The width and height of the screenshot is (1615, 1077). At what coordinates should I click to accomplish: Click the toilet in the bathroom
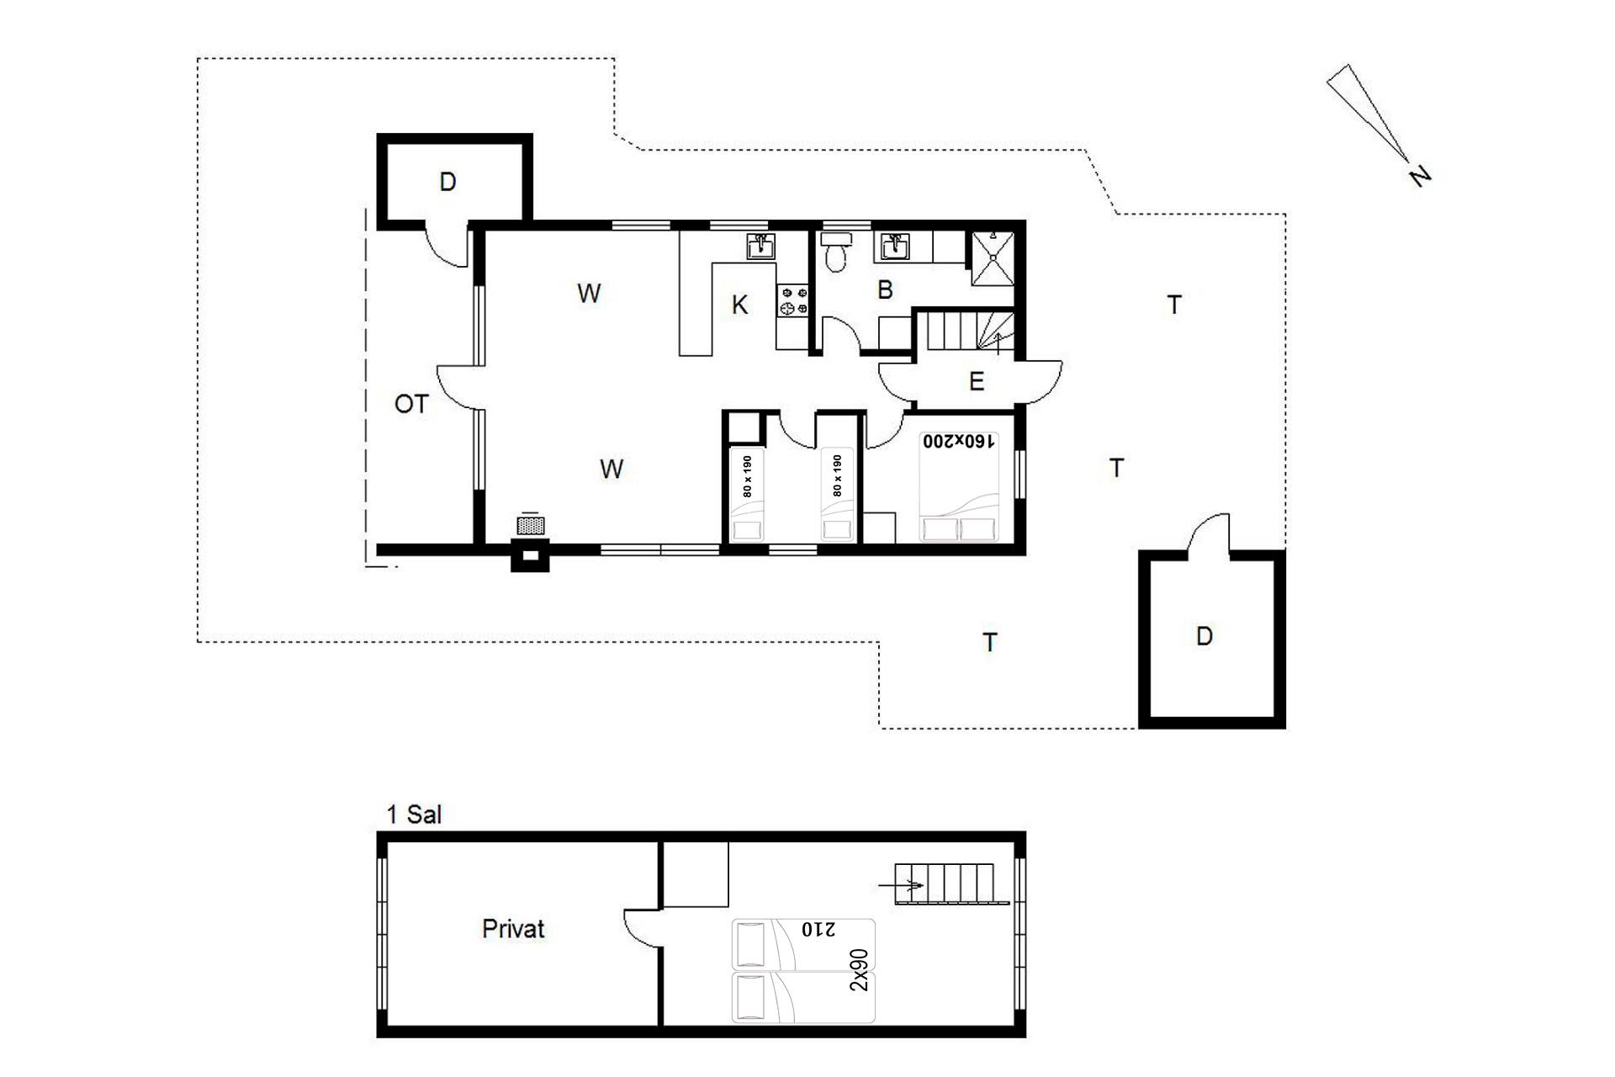click(x=835, y=252)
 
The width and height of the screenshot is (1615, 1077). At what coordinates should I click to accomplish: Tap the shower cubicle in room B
click(x=993, y=257)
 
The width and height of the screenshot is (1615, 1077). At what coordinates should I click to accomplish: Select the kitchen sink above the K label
click(x=761, y=247)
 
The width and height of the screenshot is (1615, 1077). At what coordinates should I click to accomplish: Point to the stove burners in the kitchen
click(x=792, y=300)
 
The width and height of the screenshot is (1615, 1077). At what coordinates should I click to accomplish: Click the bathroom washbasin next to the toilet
click(x=894, y=247)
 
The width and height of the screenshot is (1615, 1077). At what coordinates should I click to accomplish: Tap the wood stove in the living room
click(x=530, y=526)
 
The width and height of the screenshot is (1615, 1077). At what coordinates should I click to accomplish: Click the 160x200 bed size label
click(x=959, y=441)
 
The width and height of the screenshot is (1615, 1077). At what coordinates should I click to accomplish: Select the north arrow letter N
click(x=1419, y=176)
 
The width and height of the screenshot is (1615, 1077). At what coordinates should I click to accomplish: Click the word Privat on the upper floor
click(x=513, y=929)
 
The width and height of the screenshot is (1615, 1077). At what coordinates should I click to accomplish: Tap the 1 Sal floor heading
click(x=413, y=814)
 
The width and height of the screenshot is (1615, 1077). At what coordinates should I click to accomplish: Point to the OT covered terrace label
click(x=411, y=405)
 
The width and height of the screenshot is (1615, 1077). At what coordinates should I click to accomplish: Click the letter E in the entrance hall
click(x=977, y=382)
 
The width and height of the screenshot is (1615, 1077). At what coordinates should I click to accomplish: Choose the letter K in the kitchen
click(x=739, y=305)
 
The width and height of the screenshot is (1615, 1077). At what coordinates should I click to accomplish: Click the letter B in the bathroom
click(x=885, y=289)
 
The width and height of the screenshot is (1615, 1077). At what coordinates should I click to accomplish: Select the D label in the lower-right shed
click(x=1205, y=636)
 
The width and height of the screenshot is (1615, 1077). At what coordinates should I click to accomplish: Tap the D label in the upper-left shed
click(x=447, y=182)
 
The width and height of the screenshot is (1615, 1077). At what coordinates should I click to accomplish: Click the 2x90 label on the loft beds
click(x=859, y=970)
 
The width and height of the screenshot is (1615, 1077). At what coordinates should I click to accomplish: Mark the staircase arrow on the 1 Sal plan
click(x=901, y=885)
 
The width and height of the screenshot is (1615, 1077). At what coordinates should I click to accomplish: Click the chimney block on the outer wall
click(x=530, y=558)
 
